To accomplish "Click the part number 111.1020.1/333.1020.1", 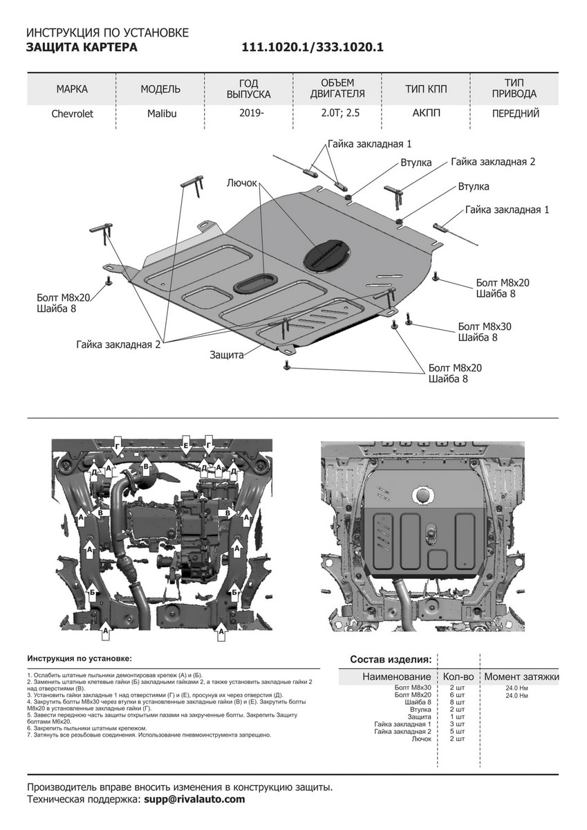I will pyautogui.click(x=312, y=47).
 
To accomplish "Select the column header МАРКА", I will pyautogui.click(x=72, y=89).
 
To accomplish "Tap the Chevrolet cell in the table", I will pyautogui.click(x=72, y=114).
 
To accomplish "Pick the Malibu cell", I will pyautogui.click(x=161, y=114).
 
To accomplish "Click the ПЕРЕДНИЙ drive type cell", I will pyautogui.click(x=515, y=114).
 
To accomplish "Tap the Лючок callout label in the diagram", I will pyautogui.click(x=241, y=183).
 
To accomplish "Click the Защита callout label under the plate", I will pyautogui.click(x=227, y=355).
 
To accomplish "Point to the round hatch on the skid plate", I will pyautogui.click(x=328, y=254).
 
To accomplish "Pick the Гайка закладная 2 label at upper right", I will pyautogui.click(x=493, y=162).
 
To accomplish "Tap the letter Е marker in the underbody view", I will pyautogui.click(x=185, y=440).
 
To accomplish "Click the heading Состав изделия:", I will pyautogui.click(x=391, y=658).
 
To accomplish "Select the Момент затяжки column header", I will pyautogui.click(x=521, y=676).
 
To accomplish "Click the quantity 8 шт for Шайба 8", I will pyautogui.click(x=457, y=702).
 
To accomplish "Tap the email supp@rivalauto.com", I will pyautogui.click(x=194, y=799).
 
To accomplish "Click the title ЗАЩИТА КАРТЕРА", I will pyautogui.click(x=82, y=47).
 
